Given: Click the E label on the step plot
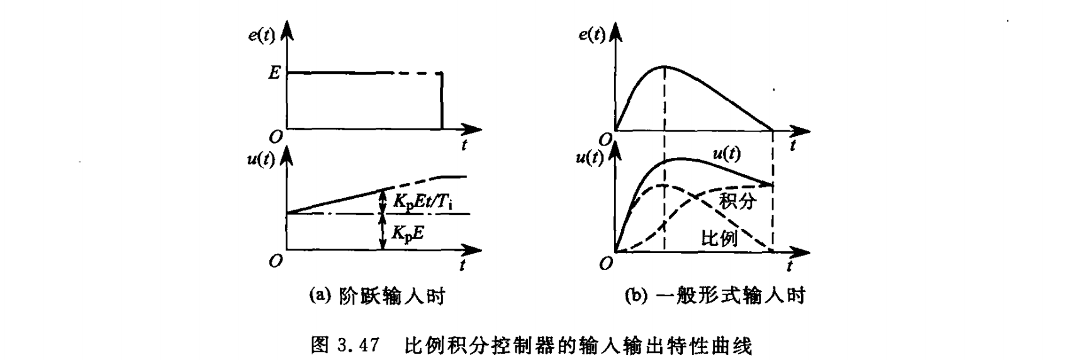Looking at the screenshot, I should (x=274, y=73).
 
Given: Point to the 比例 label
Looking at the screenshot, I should (x=719, y=238).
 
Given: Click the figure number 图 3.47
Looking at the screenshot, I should (x=345, y=346).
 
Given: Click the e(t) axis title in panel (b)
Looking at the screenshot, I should (x=592, y=35).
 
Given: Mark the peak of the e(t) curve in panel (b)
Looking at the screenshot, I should (x=665, y=66).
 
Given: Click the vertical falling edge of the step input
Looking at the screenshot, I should (x=442, y=101).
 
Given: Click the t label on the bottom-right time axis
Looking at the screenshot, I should (x=790, y=266).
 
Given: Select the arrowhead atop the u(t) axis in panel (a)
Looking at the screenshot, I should (x=288, y=154).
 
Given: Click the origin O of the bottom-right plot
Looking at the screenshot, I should (x=605, y=264).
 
